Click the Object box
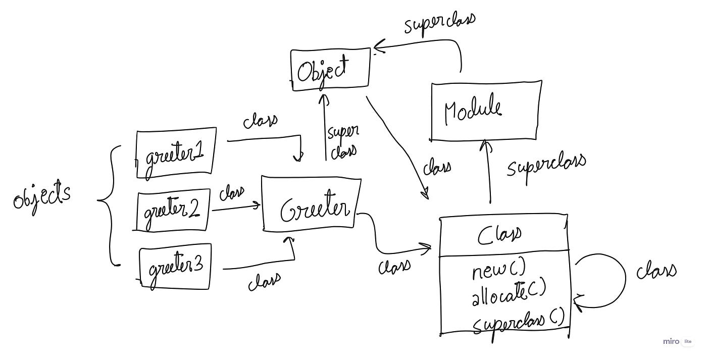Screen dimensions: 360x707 point(330,70)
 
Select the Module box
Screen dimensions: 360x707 point(486,110)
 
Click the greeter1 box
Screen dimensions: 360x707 point(176,153)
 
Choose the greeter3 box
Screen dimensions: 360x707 point(175,267)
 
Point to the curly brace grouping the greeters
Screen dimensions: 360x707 point(109,204)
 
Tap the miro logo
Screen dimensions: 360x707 point(671,341)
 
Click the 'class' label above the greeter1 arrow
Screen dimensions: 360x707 point(260,121)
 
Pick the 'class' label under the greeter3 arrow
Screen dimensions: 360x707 point(264,281)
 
